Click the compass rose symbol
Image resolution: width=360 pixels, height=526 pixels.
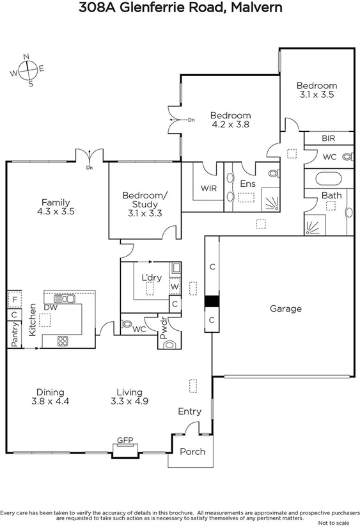click(x=27, y=70)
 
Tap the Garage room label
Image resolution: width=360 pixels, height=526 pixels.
click(x=285, y=308)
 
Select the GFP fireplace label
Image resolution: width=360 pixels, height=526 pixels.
click(x=124, y=441)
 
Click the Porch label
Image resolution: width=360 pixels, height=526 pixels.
click(x=192, y=452)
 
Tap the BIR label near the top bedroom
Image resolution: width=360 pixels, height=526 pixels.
click(x=328, y=138)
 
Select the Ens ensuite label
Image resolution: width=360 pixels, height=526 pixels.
click(x=247, y=184)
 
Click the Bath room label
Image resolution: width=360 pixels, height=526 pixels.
click(x=331, y=195)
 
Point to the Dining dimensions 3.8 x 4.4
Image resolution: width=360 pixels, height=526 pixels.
click(x=50, y=402)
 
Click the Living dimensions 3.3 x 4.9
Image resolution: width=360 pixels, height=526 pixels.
click(x=129, y=402)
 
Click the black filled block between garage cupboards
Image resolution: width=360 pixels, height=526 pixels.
click(x=211, y=301)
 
